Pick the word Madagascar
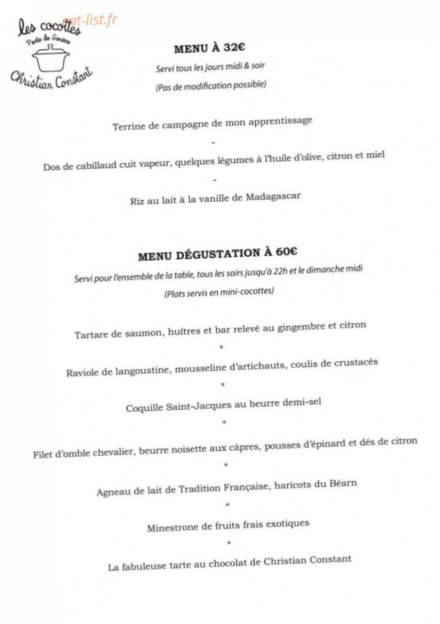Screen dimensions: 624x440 pyautogui.click(x=273, y=197)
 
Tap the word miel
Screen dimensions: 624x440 pyautogui.click(x=375, y=156)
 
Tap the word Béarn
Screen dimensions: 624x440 pyautogui.click(x=341, y=484)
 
